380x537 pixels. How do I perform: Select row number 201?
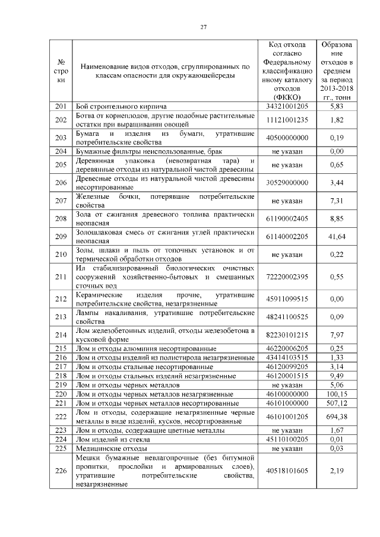[x=59, y=106]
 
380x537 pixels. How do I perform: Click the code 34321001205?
[x=288, y=106]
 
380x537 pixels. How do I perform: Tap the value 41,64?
[x=336, y=237]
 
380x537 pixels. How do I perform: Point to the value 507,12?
[x=336, y=403]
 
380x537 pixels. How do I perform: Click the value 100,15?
[x=336, y=394]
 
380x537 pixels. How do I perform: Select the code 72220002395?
[x=288, y=277]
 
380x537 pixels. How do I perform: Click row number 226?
[x=59, y=471]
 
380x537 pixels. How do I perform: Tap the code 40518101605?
[x=288, y=471]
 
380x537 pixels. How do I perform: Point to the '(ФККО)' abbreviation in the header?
[x=288, y=97]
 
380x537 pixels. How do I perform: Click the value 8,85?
[x=336, y=218]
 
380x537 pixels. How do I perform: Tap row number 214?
[x=59, y=335]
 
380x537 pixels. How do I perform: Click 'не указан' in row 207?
[x=288, y=201]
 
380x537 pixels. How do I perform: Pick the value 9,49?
[x=336, y=376]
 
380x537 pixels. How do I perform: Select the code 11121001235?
[x=288, y=120]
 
